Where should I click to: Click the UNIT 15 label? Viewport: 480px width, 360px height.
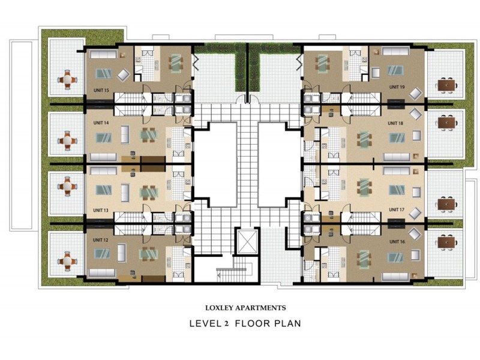point(101,91)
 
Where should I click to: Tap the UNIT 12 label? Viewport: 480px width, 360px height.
point(100,240)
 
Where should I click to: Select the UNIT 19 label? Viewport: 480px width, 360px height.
point(397,87)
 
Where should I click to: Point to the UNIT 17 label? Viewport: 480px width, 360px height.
point(397,209)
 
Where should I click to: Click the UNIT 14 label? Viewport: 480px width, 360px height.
point(101,123)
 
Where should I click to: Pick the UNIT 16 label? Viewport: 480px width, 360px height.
point(397,242)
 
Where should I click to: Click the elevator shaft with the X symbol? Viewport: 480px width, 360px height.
point(247,241)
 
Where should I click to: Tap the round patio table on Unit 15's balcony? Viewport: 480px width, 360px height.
point(67,80)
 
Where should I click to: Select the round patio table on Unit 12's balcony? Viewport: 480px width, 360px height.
point(67,261)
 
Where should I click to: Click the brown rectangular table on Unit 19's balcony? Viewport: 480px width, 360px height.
point(446,85)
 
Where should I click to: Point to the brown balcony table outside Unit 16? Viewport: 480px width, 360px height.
point(446,243)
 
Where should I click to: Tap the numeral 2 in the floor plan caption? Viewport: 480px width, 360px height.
point(227,323)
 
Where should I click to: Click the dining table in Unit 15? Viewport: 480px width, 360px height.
point(176,63)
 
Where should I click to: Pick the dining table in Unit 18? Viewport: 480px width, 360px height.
point(364,140)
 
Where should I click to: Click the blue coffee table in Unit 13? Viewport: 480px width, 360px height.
point(103,190)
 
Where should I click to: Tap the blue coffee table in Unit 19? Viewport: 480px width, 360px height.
point(395,70)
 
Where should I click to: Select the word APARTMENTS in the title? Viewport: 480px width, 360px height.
point(260,308)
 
